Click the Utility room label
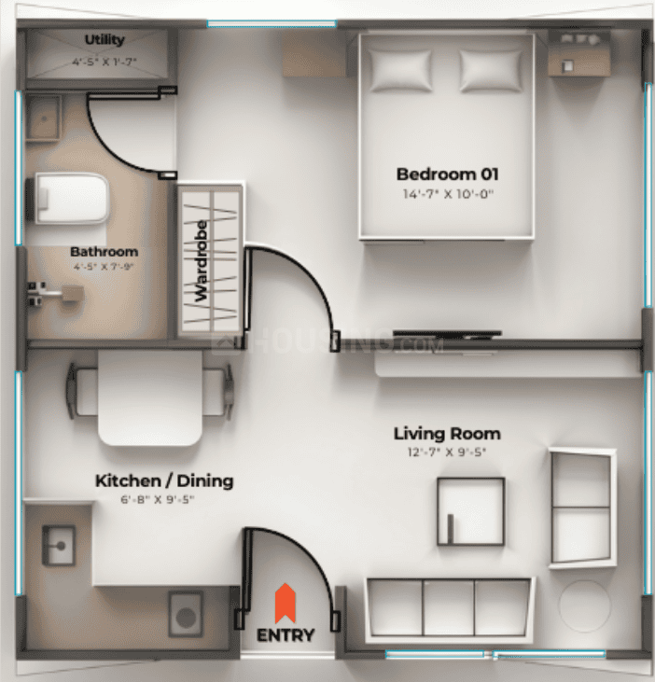tap(104, 40)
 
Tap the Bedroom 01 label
tap(447, 174)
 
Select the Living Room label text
tap(446, 434)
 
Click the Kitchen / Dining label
tap(164, 481)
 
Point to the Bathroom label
tap(104, 252)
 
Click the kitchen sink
tap(58, 540)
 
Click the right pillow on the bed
tap(489, 69)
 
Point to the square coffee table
tap(470, 509)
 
